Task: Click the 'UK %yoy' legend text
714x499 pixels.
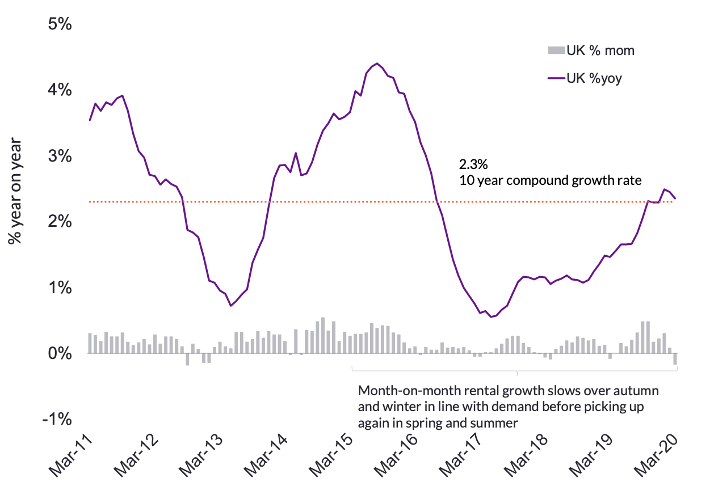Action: tap(594, 79)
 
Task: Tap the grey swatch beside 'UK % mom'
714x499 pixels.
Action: tap(556, 50)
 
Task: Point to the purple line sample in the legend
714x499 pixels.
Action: tap(556, 79)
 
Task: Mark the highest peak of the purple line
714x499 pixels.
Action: tap(377, 64)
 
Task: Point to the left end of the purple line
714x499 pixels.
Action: tap(90, 120)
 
